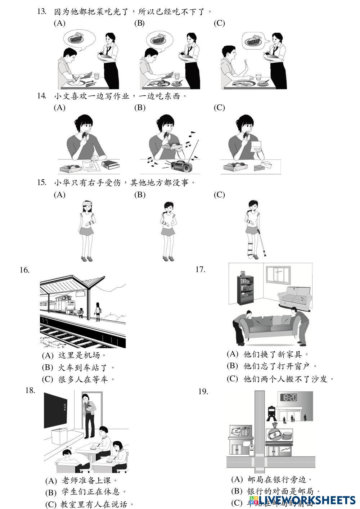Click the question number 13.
click(x=42, y=12)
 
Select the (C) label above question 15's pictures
click(x=219, y=195)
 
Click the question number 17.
click(x=200, y=269)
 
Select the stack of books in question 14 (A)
click(x=111, y=165)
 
